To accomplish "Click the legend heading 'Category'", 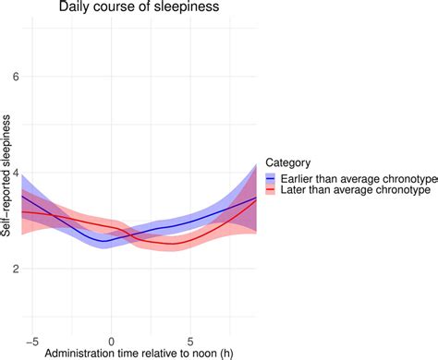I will tap(286, 158).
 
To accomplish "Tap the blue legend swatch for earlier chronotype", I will tap(273, 177).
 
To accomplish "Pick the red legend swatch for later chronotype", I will tap(273, 190).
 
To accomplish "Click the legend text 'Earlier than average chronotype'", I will tap(354, 177).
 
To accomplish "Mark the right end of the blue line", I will tap(256, 198).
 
